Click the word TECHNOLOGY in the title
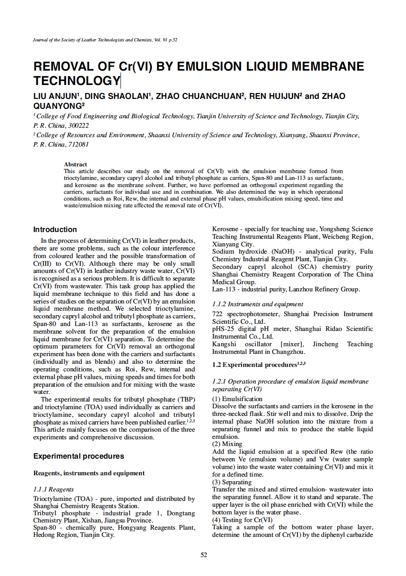(x=76, y=81)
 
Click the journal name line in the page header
(x=105, y=40)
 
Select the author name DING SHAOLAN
(x=117, y=96)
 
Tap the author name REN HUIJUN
(x=275, y=96)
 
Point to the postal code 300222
(x=77, y=125)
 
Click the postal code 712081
(x=77, y=144)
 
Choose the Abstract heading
(x=76, y=165)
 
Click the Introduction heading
(x=55, y=229)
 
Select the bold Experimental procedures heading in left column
(x=79, y=456)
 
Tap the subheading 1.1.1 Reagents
(x=54, y=489)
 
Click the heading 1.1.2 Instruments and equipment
(x=258, y=304)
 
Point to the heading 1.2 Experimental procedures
(x=259, y=365)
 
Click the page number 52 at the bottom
(x=204, y=555)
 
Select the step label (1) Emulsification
(x=237, y=399)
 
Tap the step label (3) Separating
(x=232, y=482)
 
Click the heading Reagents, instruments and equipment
(x=89, y=473)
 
